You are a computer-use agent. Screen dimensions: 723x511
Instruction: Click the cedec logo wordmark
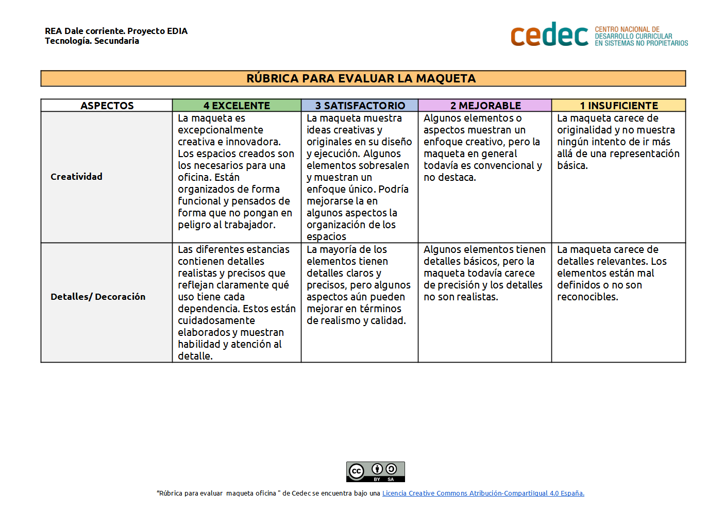[x=549, y=35]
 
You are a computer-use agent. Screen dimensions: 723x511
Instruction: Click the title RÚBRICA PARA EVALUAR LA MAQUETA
[x=361, y=78]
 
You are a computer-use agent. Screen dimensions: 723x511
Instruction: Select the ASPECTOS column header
[x=107, y=106]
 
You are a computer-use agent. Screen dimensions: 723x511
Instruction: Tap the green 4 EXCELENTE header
[x=237, y=106]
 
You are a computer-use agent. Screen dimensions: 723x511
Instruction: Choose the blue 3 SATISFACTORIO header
[x=360, y=106]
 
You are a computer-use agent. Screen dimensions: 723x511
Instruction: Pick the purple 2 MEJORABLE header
[x=485, y=106]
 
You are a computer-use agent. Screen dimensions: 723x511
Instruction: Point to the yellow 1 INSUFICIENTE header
[x=618, y=106]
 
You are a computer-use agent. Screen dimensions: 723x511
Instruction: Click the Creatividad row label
[x=76, y=177]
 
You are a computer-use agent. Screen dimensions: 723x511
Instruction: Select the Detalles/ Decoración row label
[x=98, y=297]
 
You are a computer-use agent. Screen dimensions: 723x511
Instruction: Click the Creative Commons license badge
[x=375, y=472]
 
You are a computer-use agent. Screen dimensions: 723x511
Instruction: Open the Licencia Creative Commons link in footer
[x=483, y=493]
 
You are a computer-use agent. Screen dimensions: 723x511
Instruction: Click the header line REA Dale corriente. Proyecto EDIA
[x=116, y=31]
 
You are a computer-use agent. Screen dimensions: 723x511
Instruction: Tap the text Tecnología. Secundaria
[x=92, y=41]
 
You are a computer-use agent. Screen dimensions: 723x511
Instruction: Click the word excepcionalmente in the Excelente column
[x=221, y=130]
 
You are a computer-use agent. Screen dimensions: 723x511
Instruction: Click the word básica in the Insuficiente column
[x=572, y=165]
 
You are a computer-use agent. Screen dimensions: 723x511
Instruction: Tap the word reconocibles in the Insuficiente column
[x=587, y=297]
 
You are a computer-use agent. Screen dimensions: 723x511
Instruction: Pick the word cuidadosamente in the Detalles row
[x=216, y=320]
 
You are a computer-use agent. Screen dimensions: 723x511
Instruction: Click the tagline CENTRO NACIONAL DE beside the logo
[x=627, y=29]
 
